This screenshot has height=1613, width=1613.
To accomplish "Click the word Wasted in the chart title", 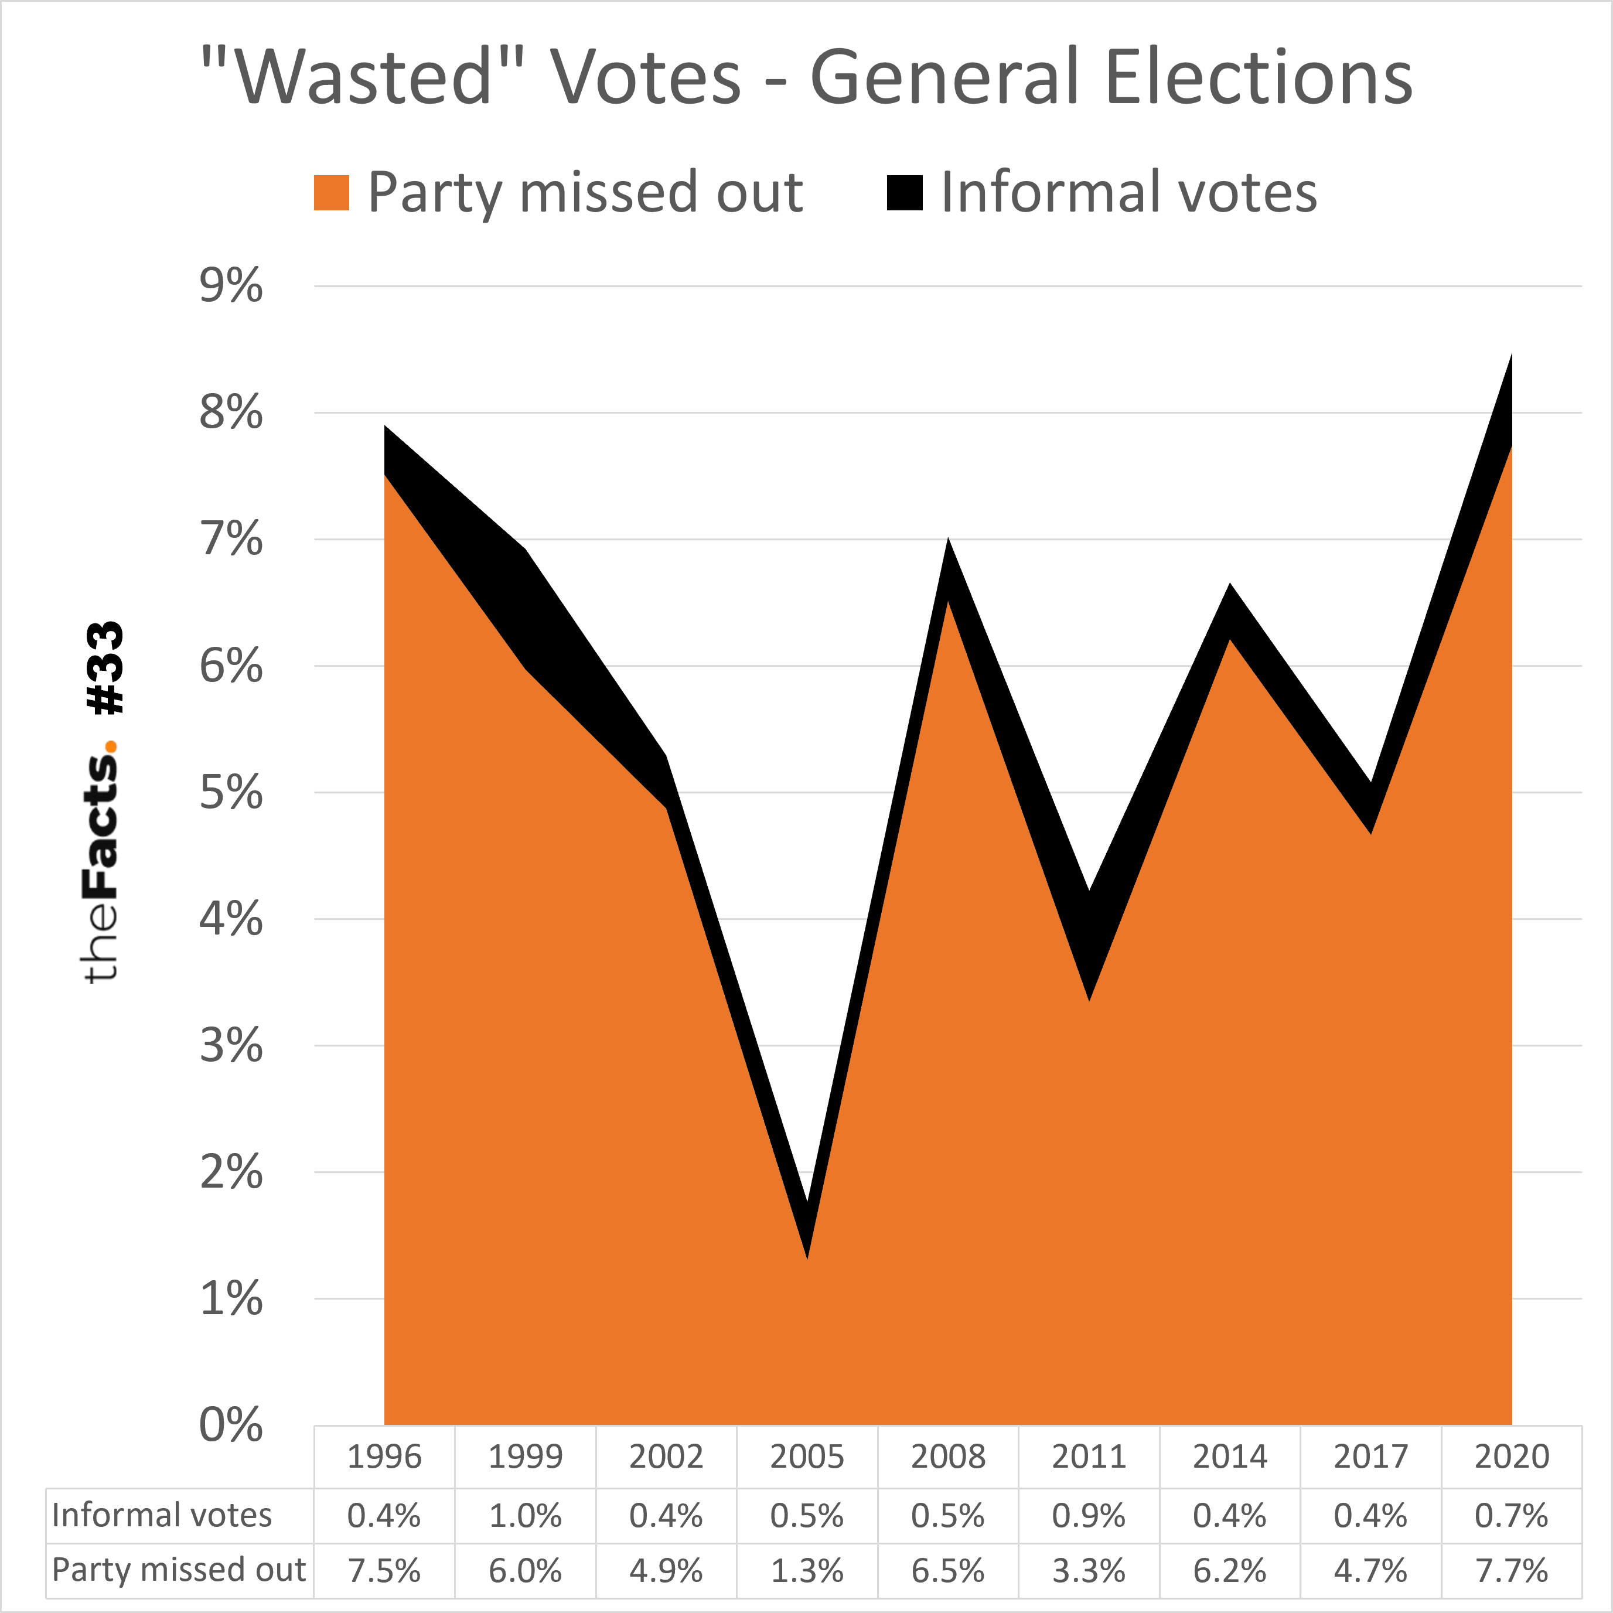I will click(364, 77).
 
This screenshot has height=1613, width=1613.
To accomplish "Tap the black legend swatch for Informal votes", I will click(904, 192).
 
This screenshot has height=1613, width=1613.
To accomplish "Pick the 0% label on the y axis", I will click(230, 1424).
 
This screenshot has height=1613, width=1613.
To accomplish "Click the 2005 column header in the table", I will click(806, 1457).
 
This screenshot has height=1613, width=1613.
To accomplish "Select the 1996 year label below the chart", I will click(384, 1457).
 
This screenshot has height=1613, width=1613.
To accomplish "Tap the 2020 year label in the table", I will click(1511, 1457).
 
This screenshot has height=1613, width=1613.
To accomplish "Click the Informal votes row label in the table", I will click(162, 1515).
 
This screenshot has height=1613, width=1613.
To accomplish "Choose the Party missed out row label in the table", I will click(179, 1570).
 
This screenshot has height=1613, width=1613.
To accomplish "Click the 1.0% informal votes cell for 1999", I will click(525, 1515).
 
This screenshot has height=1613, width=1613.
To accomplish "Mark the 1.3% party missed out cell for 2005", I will click(806, 1570).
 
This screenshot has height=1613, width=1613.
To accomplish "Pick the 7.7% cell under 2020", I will click(1511, 1570).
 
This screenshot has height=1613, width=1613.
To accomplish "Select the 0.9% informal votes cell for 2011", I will click(1089, 1515).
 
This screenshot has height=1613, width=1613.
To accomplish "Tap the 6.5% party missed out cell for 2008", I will click(947, 1570).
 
